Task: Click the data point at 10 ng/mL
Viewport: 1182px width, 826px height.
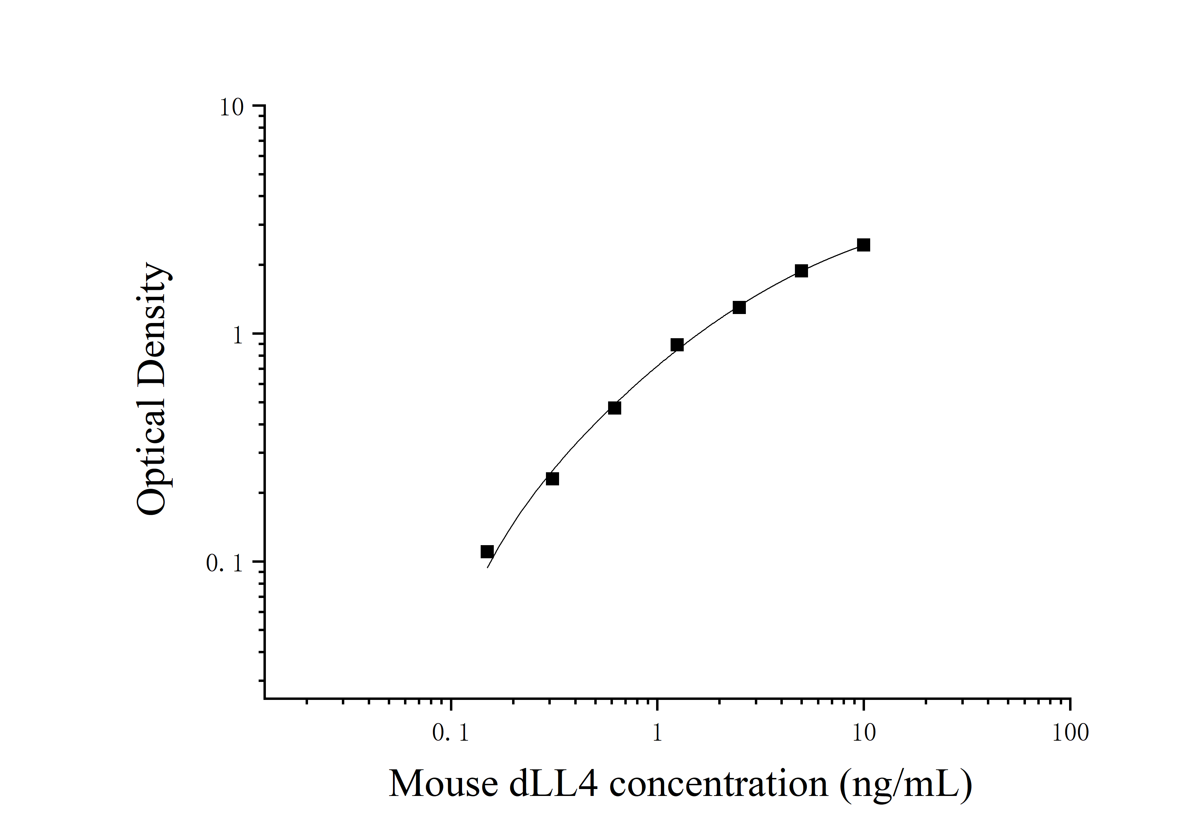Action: (863, 245)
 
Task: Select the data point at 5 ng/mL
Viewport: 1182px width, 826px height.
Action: (801, 271)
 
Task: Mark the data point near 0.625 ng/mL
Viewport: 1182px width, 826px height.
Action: (615, 408)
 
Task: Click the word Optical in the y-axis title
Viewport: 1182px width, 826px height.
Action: (152, 450)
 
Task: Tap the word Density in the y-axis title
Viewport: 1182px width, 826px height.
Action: (152, 324)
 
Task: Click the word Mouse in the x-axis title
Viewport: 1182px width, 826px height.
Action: (443, 784)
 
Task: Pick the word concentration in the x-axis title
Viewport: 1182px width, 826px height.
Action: (719, 784)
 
